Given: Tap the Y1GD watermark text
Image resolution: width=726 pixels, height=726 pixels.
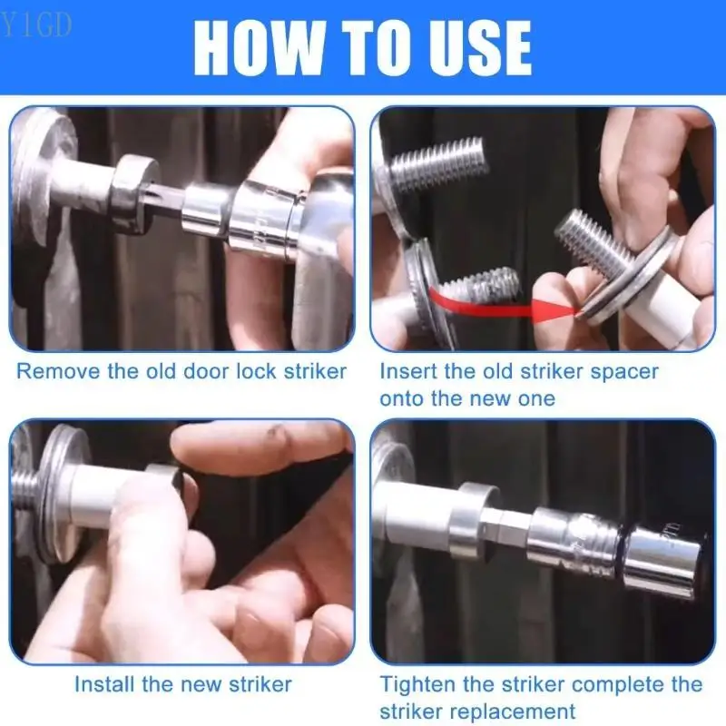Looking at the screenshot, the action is (37, 25).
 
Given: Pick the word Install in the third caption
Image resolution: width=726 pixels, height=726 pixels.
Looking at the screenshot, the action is (105, 684).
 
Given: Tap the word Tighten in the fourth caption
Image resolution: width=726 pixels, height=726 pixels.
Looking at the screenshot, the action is (417, 685).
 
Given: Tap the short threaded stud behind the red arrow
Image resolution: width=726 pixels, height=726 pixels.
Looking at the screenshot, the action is (478, 284).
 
